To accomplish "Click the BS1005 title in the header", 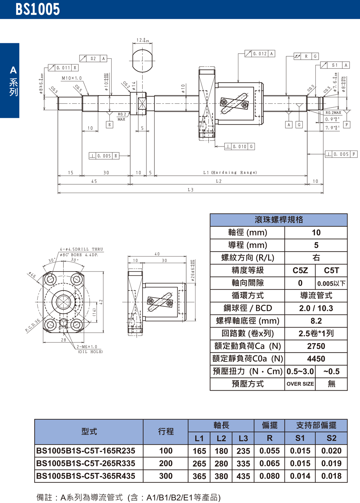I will point(37,9).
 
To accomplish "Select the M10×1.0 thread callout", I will point(72,78).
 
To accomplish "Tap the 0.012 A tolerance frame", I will point(260,54).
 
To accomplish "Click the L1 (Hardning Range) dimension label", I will point(230,172).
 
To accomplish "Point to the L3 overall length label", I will point(190,190).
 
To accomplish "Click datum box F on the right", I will point(347,125).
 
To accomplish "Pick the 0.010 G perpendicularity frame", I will point(239,147).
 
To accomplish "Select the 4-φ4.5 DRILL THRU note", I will point(81,249).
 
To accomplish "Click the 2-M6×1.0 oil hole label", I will point(87,347).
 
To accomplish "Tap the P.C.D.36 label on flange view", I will point(33,325).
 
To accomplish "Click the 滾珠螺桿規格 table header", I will point(279,220).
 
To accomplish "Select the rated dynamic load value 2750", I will point(316,346).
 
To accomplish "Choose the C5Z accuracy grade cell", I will point(300,270).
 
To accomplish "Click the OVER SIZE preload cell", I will point(300,384).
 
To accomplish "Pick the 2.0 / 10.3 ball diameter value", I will point(316,308).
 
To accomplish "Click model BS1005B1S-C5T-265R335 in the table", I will point(86,463).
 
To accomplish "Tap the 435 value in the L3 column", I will point(243,476).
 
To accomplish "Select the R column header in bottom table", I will point(269,438).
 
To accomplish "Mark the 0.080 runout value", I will point(269,476).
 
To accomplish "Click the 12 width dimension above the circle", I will point(142,40).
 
